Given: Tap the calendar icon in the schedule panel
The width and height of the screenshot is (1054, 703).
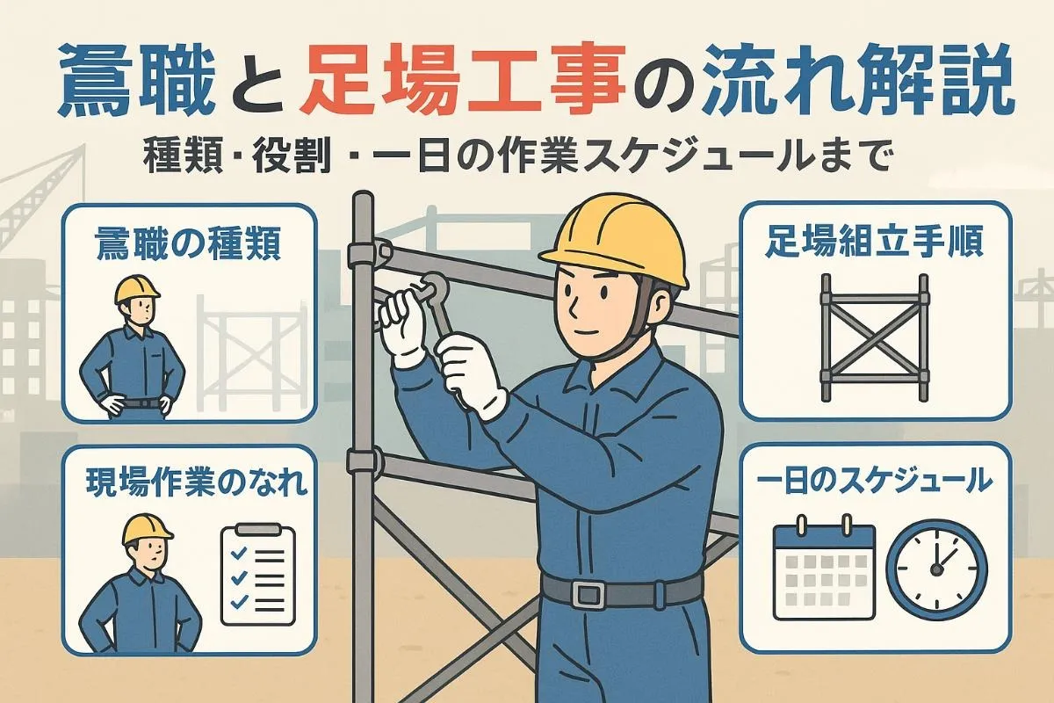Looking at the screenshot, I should [823, 569].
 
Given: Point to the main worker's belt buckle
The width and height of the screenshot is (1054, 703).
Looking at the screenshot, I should [586, 594].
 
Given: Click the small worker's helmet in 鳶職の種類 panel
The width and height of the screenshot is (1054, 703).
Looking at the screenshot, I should [137, 289].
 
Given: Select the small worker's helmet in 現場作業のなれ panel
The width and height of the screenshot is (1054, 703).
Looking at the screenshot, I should [146, 527].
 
